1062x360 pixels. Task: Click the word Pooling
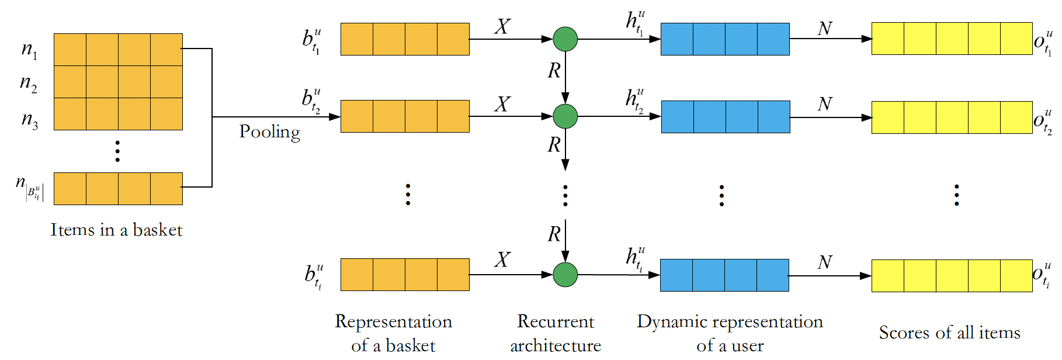pos(269,132)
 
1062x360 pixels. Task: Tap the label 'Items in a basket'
pos(116,230)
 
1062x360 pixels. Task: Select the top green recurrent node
pos(565,39)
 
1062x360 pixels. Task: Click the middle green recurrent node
pos(565,116)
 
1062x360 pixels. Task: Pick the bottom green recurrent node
pos(565,275)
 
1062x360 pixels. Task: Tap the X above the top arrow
pos(502,26)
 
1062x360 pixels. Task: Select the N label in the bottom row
pos(824,262)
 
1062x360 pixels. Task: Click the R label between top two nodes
pos(554,71)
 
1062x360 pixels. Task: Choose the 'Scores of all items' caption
pos(949,333)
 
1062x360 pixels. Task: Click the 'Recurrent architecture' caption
pos(556,333)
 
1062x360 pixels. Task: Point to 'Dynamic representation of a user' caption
pos(730,333)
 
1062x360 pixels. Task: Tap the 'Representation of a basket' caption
pos(393,333)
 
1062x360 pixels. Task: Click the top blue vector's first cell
pos(677,39)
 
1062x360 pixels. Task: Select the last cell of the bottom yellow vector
pos(1016,276)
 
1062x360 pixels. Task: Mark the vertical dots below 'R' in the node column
pos(565,196)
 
